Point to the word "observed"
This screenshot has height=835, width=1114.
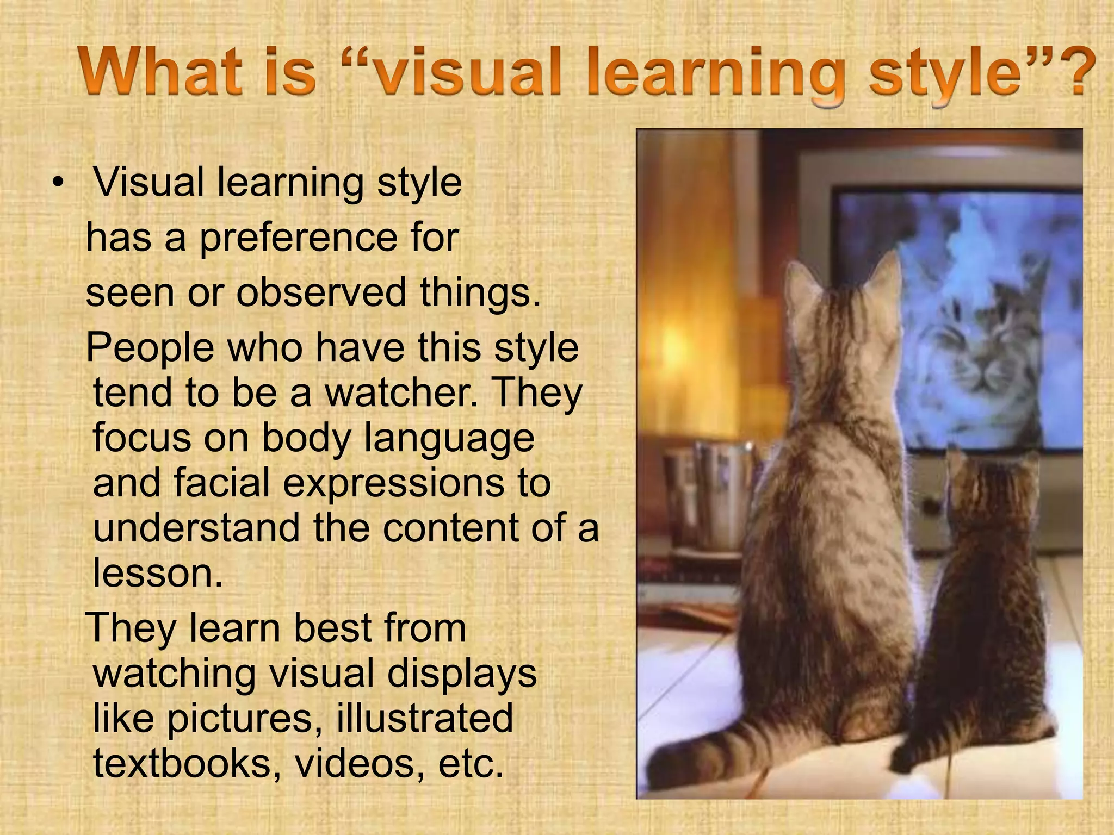click(x=321, y=292)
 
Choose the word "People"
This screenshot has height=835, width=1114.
click(x=150, y=348)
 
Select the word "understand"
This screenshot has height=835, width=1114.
click(x=196, y=528)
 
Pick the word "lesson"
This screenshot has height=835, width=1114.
click(x=158, y=573)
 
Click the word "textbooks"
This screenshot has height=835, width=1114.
click(x=182, y=763)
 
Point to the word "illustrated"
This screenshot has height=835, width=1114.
click(x=424, y=718)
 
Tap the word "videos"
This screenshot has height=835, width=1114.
click(x=360, y=763)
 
